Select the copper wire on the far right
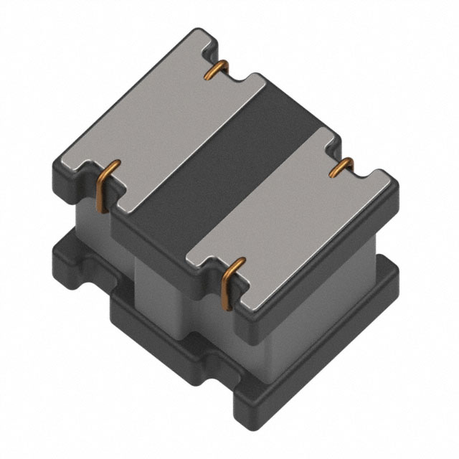342,167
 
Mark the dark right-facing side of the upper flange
323,251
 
